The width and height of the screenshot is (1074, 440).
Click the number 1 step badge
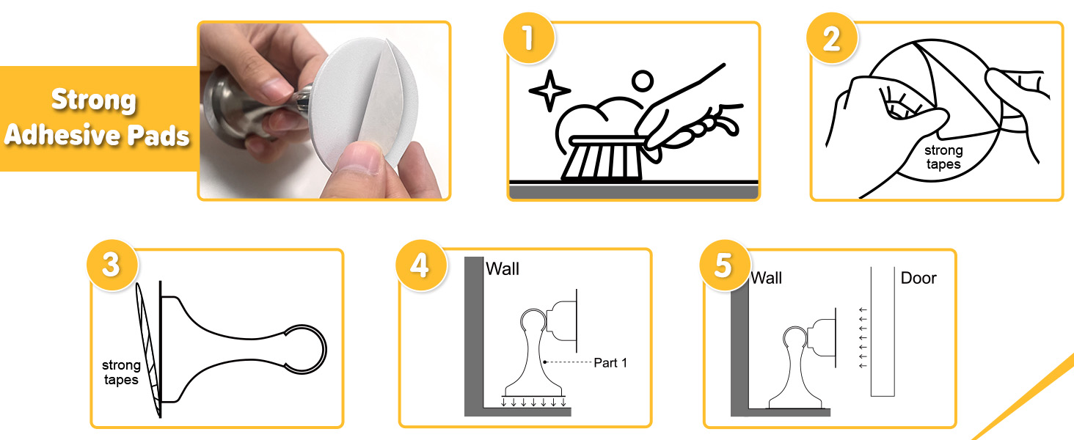pos(528,38)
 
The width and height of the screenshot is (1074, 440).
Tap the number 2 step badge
pos(832,38)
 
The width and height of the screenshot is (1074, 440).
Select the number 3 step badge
pos(112,265)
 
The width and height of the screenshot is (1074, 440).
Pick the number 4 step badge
pos(420,265)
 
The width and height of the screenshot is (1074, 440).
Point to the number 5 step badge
pos(725,265)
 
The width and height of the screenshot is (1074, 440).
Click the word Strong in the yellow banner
pos(94,100)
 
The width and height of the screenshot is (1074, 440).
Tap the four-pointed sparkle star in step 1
pos(549,91)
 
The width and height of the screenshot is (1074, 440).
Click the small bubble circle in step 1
pos(643,81)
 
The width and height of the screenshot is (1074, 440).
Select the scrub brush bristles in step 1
pos(602,161)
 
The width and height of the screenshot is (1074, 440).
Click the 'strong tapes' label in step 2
pos(943,157)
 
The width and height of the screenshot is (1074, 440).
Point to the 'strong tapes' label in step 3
pos(121,373)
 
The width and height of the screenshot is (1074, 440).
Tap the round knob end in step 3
pos(305,349)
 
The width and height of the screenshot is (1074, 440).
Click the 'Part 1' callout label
pos(610,363)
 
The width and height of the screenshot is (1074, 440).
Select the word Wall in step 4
pos(503,269)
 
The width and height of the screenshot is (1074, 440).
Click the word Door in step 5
pos(918,278)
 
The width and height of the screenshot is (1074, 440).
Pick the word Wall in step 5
pos(766,278)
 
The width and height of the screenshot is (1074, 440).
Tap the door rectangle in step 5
pos(883,331)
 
